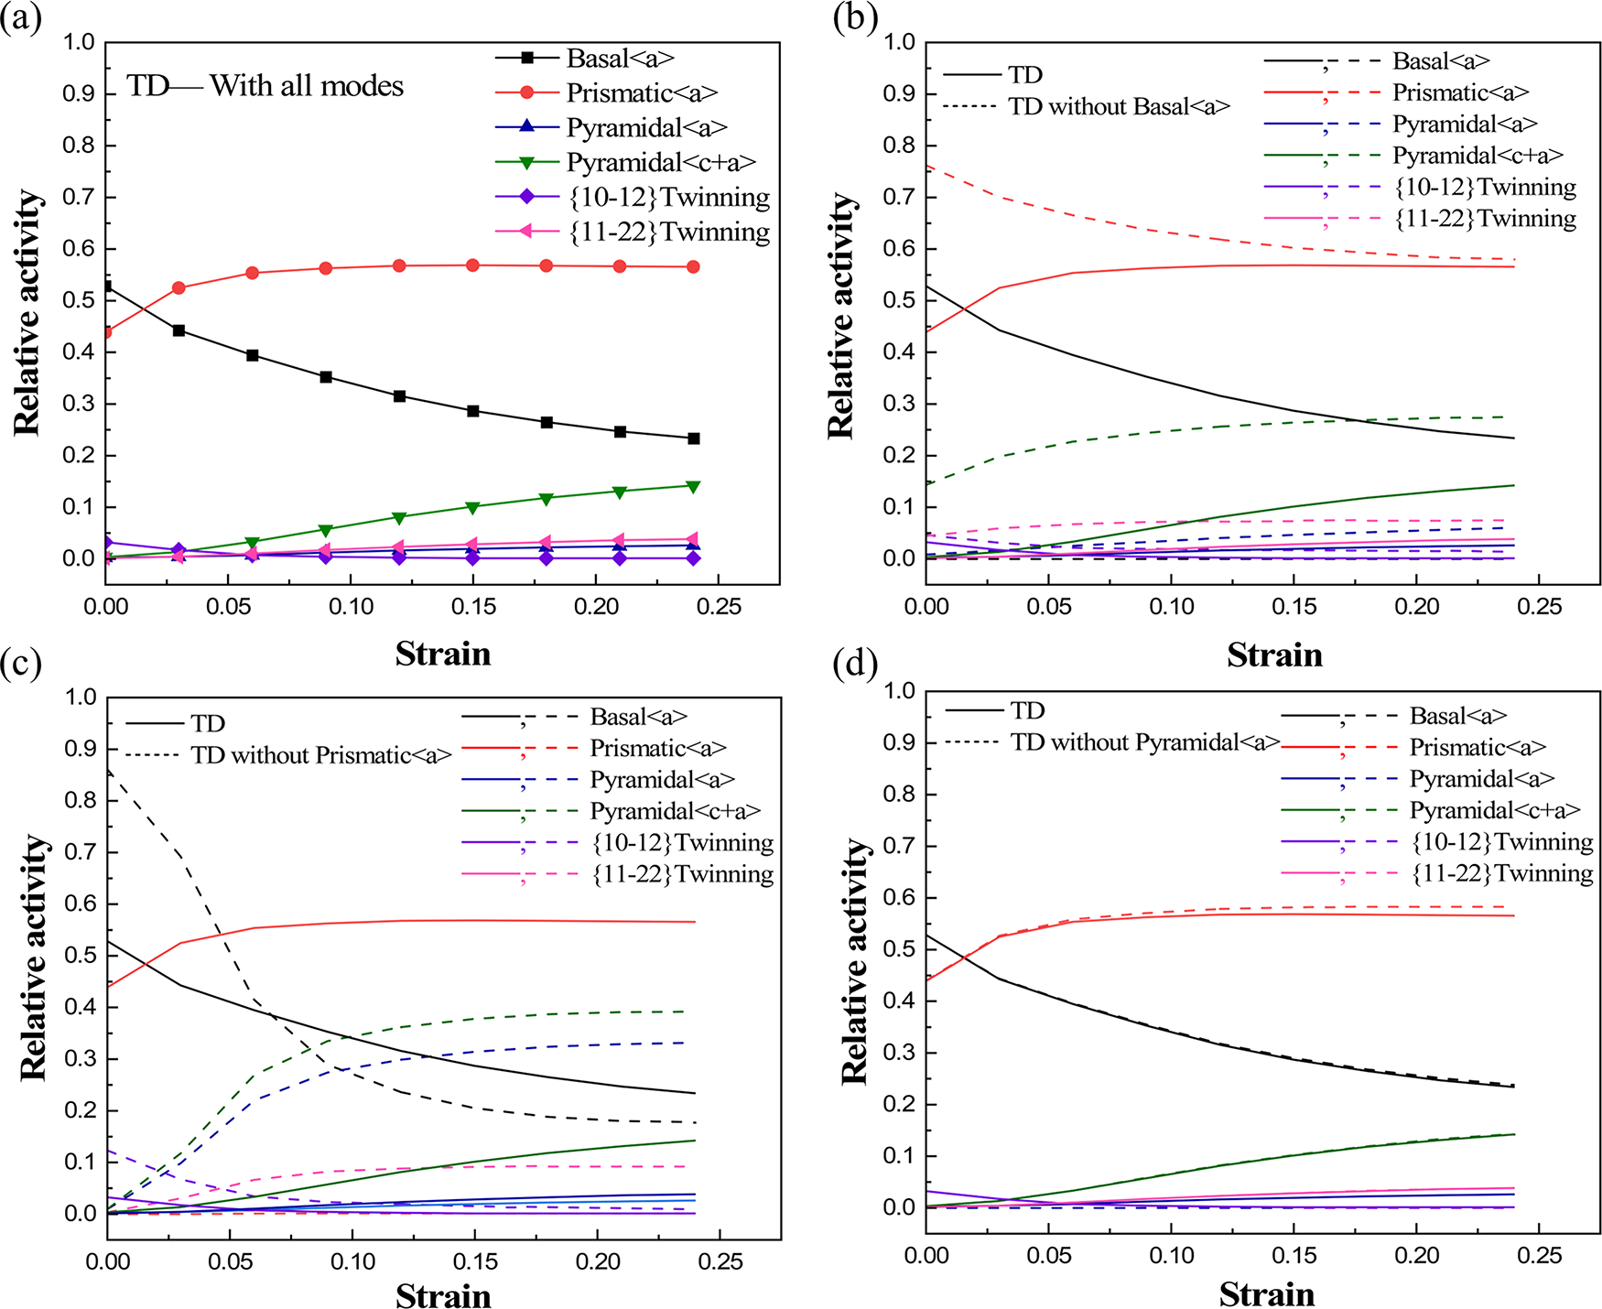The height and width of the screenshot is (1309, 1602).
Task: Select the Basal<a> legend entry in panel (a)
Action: click(620, 59)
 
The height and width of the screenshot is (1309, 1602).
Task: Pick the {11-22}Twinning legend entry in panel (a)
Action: click(669, 233)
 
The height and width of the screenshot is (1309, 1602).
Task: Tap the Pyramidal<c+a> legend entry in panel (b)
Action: click(1478, 156)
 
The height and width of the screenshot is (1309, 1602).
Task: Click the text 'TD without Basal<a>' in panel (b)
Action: click(1119, 107)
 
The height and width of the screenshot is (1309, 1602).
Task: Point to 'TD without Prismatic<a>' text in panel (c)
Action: click(321, 755)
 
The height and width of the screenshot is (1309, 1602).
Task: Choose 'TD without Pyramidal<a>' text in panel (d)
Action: click(1144, 742)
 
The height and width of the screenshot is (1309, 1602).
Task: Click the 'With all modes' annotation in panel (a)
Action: click(307, 86)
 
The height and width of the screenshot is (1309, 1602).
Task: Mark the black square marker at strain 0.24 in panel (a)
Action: click(694, 438)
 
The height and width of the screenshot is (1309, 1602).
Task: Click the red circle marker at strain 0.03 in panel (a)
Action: click(179, 287)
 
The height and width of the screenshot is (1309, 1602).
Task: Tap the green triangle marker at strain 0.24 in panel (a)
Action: click(694, 486)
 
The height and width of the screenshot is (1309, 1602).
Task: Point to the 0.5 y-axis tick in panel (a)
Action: click(79, 300)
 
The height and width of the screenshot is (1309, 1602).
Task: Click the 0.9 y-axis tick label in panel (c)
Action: click(81, 749)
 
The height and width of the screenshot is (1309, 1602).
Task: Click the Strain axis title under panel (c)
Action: click(443, 1295)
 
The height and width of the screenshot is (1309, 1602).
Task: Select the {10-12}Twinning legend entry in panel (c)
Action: click(682, 843)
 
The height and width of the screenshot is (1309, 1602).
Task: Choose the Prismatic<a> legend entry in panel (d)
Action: click(1478, 748)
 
